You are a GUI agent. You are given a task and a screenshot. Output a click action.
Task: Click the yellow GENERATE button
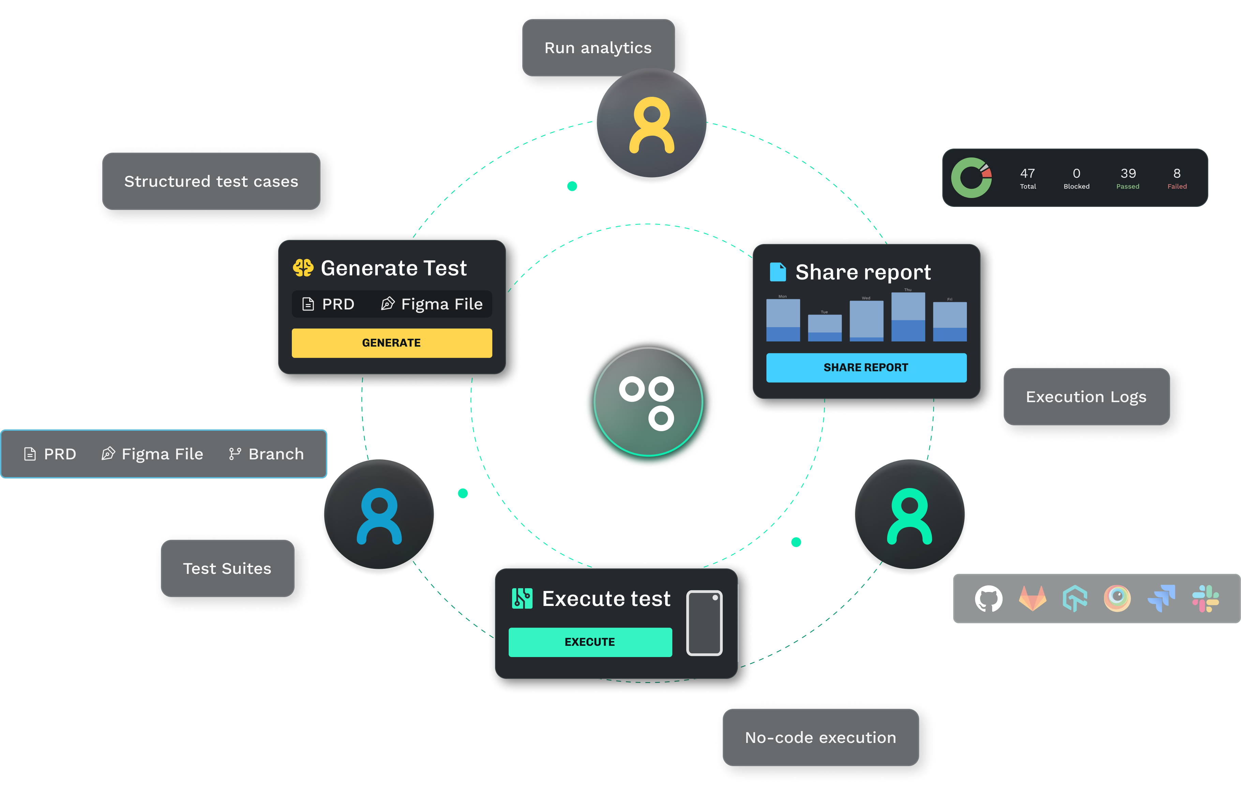coord(392,343)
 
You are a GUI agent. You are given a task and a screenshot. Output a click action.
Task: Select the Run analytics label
coord(598,48)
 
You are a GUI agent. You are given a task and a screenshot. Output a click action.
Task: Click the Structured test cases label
coord(211,181)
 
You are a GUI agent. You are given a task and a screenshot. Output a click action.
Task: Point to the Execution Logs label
coord(1086,397)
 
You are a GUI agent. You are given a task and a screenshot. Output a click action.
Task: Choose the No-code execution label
coord(821,737)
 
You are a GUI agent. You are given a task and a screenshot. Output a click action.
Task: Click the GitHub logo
coord(988,599)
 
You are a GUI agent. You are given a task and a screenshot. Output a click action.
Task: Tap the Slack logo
coord(1206,599)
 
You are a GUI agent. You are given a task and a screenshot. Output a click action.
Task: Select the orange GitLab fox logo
coord(1032,599)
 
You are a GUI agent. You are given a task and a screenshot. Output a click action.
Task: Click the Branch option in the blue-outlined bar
coord(267,454)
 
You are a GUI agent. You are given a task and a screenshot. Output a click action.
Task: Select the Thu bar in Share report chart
coord(908,317)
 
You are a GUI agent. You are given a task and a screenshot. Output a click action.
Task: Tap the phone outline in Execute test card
coord(704,623)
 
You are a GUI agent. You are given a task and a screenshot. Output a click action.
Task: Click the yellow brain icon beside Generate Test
coord(303,268)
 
